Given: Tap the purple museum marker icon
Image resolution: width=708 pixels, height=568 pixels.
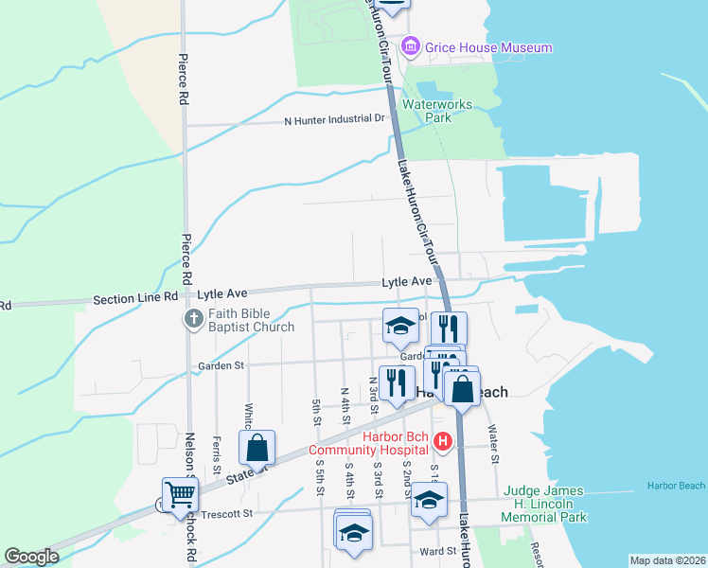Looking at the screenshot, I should point(410,45).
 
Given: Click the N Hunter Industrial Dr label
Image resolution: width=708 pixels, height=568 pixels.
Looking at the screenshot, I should point(336,119).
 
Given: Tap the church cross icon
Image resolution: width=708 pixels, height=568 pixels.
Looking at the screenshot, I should point(194,319).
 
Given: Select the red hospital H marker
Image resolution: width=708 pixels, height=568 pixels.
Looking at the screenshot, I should point(440,441).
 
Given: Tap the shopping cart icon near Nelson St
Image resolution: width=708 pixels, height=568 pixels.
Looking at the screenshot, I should point(180,493).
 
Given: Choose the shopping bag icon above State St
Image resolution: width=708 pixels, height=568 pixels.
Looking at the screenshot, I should point(257,448).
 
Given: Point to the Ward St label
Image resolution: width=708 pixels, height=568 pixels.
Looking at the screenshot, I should point(438,550).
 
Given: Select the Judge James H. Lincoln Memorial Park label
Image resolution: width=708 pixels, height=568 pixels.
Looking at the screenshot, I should point(545,504).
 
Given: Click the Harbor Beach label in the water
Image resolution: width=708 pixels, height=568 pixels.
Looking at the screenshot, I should point(676,486).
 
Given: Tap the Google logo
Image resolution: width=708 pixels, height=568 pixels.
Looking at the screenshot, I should point(31,557).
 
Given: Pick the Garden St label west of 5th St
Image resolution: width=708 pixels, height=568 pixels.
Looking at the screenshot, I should point(220,364).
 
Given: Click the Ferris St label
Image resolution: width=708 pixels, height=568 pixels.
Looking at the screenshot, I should point(217,449).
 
